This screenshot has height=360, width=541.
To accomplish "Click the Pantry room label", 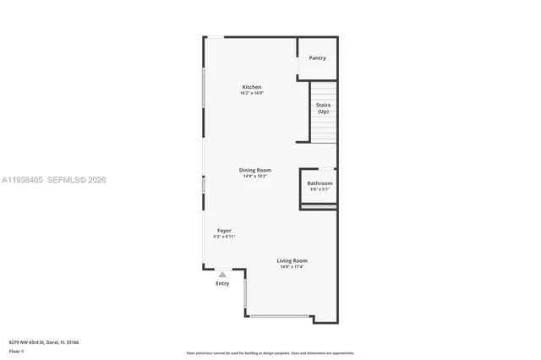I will [x=317, y=58].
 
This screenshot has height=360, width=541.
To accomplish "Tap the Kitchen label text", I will [x=252, y=87].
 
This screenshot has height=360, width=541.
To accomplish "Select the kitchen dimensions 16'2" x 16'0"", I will [x=252, y=93].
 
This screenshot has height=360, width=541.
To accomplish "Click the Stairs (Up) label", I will [x=323, y=108].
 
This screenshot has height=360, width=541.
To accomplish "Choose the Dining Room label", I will [x=254, y=170].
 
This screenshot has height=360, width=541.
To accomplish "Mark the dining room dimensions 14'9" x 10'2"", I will [x=254, y=176].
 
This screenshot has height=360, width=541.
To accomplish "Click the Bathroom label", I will [x=320, y=183].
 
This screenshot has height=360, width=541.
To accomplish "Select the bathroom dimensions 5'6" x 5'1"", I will [x=320, y=189].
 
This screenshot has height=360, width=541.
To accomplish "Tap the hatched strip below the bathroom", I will [x=319, y=205].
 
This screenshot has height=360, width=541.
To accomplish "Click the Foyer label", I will [x=224, y=231].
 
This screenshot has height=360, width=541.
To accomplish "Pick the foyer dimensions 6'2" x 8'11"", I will [x=224, y=237].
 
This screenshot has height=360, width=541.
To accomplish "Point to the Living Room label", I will [x=292, y=260].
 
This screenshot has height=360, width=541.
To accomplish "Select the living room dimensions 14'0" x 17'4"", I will [x=292, y=266].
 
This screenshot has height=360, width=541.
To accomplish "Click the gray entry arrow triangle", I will [x=222, y=274].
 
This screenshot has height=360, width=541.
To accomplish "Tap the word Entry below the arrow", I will [x=222, y=283].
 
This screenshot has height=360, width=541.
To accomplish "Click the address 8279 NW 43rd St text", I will [x=41, y=343].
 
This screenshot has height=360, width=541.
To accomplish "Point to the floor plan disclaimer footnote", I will [x=270, y=352].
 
